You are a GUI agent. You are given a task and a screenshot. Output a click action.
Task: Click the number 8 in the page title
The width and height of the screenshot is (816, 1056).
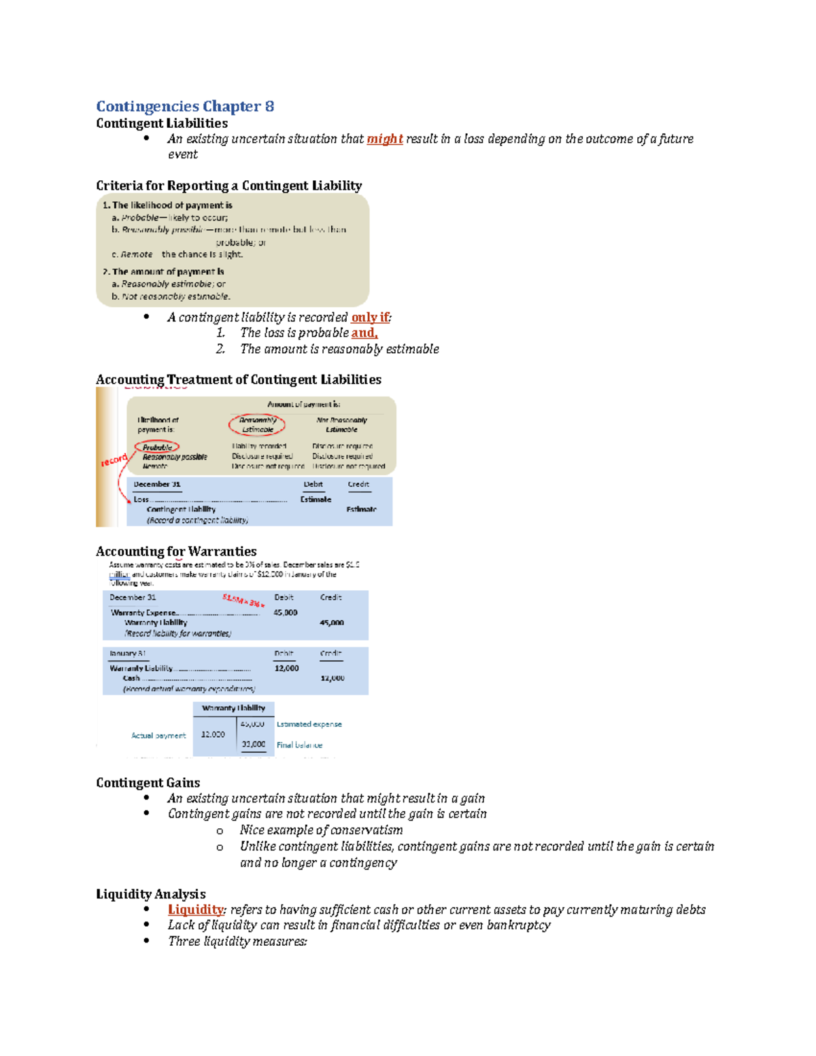tap(269, 107)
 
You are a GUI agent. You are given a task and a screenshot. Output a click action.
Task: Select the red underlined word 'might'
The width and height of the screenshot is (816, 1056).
tap(385, 139)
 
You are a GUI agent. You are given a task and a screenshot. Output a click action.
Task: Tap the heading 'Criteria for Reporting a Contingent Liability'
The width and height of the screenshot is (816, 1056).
tap(228, 186)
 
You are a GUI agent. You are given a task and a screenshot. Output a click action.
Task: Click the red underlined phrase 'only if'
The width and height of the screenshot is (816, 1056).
tap(370, 318)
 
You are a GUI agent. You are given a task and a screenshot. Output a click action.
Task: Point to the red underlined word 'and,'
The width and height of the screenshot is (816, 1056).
tap(364, 333)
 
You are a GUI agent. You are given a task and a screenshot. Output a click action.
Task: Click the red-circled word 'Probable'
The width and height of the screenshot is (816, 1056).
tap(157, 447)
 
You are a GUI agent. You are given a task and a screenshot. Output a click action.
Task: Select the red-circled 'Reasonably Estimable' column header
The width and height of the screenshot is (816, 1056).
tap(257, 425)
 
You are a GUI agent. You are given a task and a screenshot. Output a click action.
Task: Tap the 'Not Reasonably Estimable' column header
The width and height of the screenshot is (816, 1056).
tap(341, 425)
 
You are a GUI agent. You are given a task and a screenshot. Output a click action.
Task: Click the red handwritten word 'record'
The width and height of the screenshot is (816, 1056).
tap(114, 460)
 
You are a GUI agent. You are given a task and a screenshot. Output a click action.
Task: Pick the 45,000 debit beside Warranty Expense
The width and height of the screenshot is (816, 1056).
tap(286, 613)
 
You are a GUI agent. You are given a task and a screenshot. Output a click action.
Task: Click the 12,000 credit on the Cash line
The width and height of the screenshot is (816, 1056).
tap(332, 679)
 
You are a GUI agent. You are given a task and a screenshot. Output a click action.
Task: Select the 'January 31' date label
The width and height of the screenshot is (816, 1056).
tap(128, 653)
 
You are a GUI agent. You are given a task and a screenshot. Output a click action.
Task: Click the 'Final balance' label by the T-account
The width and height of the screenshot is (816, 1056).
tap(299, 745)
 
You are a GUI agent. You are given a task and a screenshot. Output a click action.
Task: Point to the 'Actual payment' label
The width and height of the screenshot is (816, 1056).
tap(158, 736)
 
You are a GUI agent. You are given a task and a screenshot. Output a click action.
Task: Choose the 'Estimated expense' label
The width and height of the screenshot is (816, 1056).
tap(309, 724)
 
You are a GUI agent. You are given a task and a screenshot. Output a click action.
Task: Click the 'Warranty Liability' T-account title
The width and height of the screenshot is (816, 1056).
tap(233, 709)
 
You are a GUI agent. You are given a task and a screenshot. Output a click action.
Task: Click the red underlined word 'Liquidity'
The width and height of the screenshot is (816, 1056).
tap(196, 910)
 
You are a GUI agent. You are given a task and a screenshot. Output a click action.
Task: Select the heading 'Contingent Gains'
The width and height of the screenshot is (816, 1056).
tap(148, 783)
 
